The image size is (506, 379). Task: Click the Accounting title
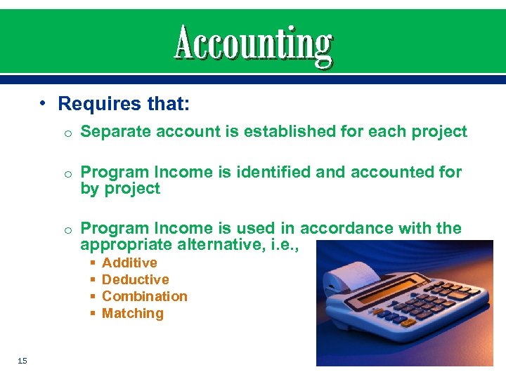(253, 44)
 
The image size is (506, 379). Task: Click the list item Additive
(129, 262)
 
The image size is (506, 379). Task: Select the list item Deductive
(136, 279)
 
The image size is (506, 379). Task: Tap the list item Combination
(145, 296)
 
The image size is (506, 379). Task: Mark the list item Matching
(133, 313)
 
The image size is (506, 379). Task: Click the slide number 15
(22, 361)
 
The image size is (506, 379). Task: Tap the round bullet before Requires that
(43, 104)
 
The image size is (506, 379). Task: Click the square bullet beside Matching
(93, 314)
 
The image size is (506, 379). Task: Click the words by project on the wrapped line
(120, 189)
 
